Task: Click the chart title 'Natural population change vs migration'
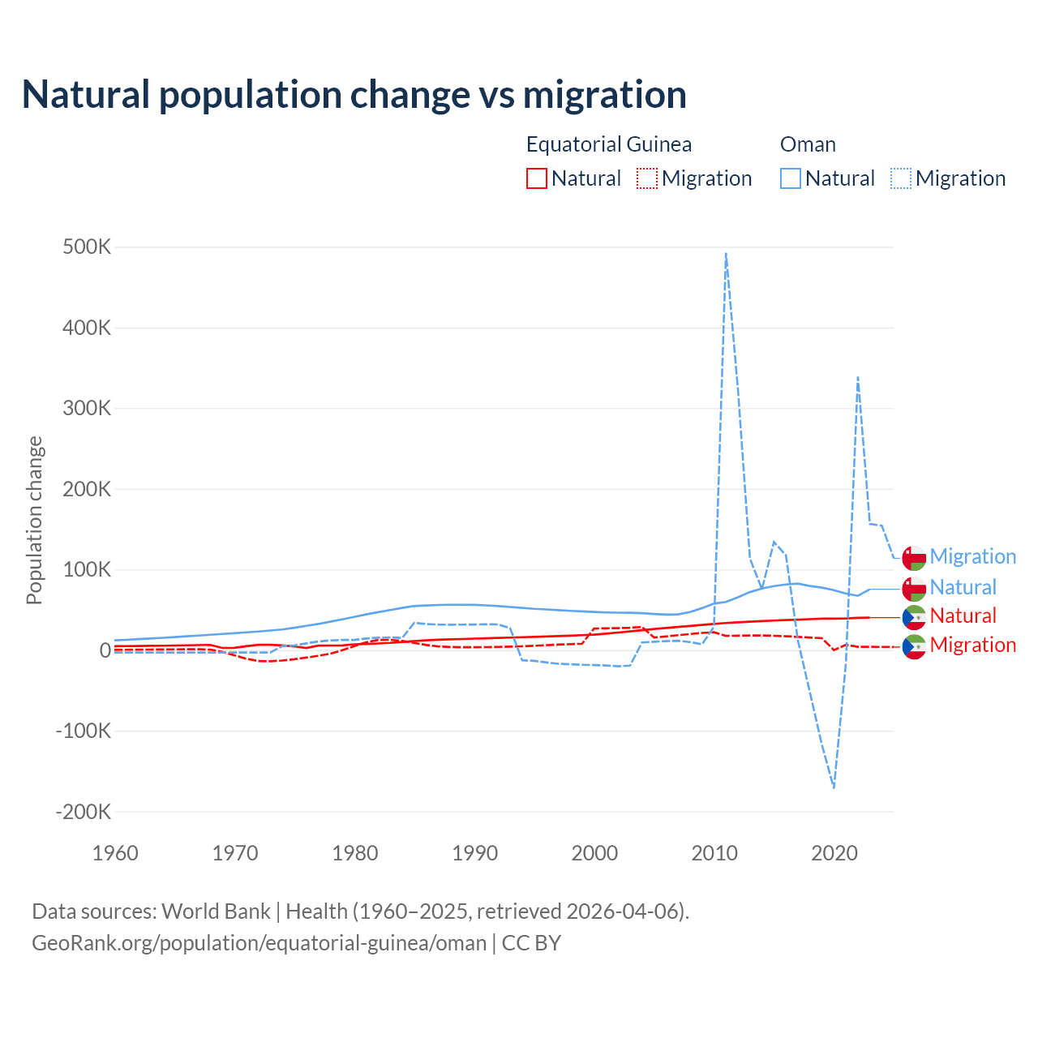coord(354,95)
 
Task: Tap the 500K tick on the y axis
coord(87,247)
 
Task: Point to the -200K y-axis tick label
coord(83,812)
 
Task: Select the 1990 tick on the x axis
coord(475,853)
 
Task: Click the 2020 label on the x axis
coord(834,853)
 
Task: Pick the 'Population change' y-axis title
coord(34,520)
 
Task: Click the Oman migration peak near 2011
coord(726,253)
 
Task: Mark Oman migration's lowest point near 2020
coord(834,787)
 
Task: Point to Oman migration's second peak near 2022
coord(857,377)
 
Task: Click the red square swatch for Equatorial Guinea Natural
coord(537,178)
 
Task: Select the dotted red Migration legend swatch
coord(647,178)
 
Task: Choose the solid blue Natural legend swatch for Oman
coord(791,178)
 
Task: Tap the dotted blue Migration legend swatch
coord(901,178)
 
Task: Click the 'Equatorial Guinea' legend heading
coord(608,144)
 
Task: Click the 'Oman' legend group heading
coord(808,144)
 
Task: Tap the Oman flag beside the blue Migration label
coord(914,558)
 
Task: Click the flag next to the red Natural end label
coord(914,617)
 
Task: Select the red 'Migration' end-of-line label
coord(972,645)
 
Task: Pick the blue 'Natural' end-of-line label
coord(963,587)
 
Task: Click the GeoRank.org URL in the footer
coord(259,943)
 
